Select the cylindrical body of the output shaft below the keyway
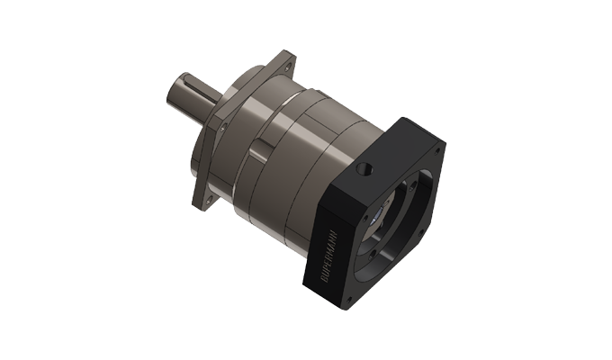pos(193,103)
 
